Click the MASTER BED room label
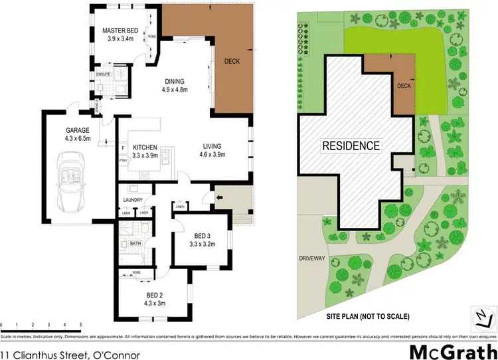120,34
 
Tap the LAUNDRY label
134,199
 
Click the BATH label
135,244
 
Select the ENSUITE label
103,74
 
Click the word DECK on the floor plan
232,62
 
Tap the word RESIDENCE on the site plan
351,145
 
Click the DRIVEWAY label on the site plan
313,259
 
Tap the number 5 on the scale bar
80,324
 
